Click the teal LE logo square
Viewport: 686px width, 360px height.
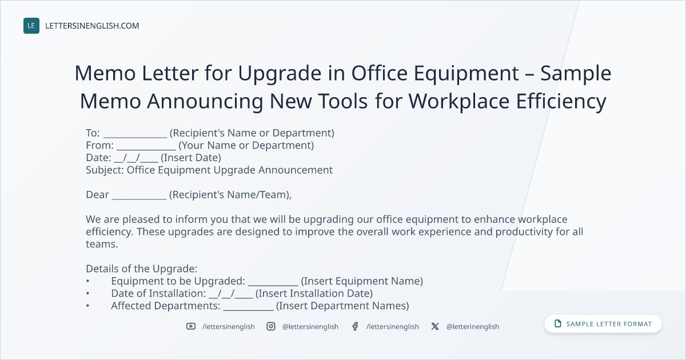click(x=31, y=26)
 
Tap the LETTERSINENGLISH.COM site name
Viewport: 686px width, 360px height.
click(x=92, y=26)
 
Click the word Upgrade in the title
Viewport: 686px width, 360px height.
click(x=280, y=74)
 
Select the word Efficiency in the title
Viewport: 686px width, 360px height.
click(x=561, y=101)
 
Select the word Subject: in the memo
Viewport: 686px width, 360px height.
click(x=105, y=170)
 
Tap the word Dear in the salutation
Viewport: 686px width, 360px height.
click(x=97, y=195)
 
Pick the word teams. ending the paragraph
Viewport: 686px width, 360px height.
click(x=102, y=245)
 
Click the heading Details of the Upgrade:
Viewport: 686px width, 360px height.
click(x=142, y=269)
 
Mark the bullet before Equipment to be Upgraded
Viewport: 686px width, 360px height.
click(x=87, y=281)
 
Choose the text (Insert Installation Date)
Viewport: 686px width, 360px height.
click(x=314, y=294)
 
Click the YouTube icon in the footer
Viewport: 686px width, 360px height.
click(x=191, y=326)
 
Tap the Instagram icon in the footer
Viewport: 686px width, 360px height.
click(x=271, y=326)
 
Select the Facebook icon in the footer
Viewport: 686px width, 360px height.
click(x=355, y=326)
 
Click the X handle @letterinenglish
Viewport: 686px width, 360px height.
click(x=473, y=327)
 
